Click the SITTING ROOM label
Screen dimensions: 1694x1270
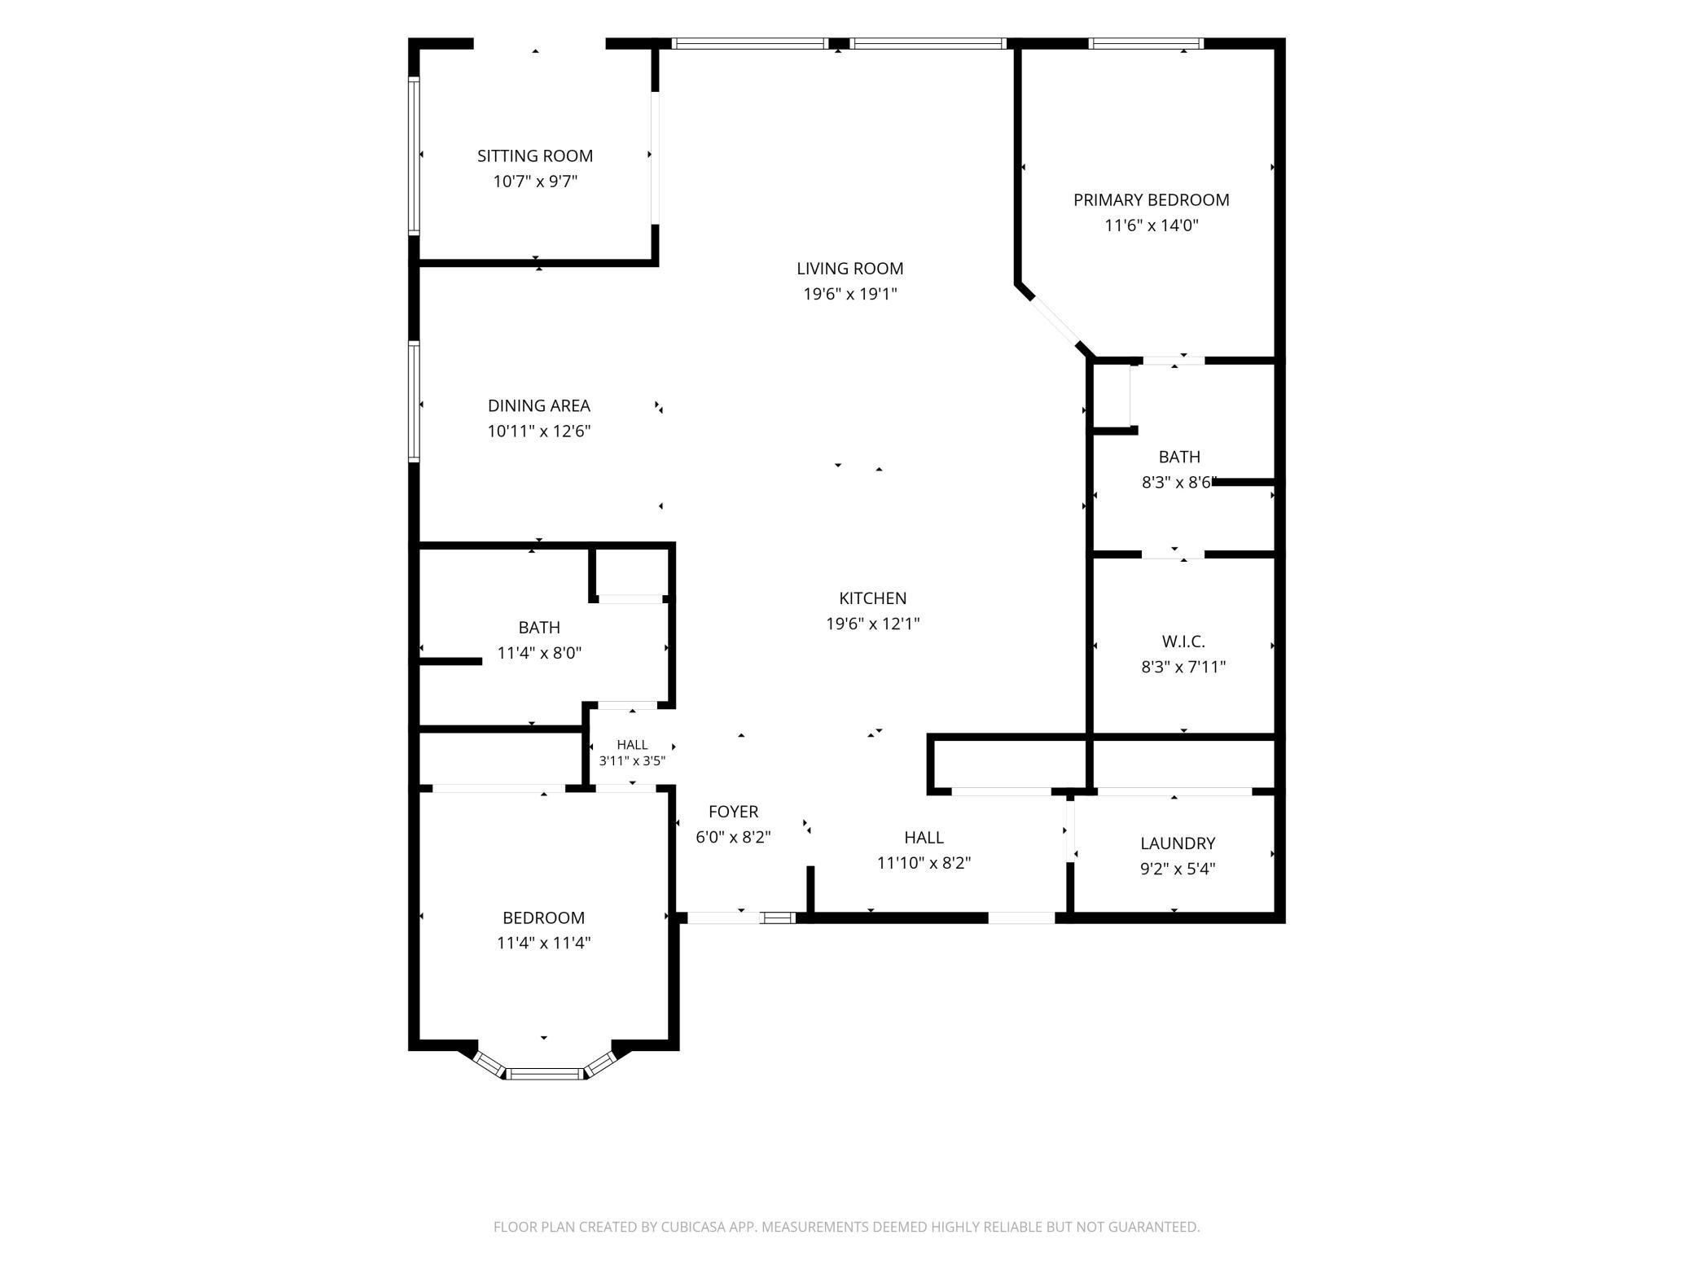click(x=535, y=155)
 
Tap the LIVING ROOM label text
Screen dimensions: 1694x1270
click(x=849, y=269)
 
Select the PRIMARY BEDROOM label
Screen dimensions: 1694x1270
click(x=1151, y=200)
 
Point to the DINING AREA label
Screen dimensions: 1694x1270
click(x=539, y=405)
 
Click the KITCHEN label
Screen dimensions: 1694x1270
click(x=873, y=598)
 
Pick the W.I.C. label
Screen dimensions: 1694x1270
click(x=1183, y=642)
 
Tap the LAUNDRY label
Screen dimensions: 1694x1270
click(x=1178, y=843)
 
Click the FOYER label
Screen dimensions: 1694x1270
click(x=733, y=812)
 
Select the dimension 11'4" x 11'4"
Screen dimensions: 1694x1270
click(x=543, y=943)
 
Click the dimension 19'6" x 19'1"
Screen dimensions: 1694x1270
click(x=850, y=294)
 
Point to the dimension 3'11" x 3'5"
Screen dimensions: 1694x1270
click(x=632, y=761)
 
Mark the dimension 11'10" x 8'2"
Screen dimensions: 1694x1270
click(x=924, y=863)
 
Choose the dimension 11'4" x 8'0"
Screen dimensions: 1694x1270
click(x=539, y=653)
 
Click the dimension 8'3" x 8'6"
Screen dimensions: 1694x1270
click(x=1179, y=482)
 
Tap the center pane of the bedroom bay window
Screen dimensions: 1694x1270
click(x=544, y=1073)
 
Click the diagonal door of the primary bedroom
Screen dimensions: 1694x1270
click(x=1056, y=322)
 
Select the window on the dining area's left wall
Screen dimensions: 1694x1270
click(x=414, y=402)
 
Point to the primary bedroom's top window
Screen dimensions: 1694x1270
click(x=1146, y=44)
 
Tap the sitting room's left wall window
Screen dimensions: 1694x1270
click(x=414, y=155)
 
